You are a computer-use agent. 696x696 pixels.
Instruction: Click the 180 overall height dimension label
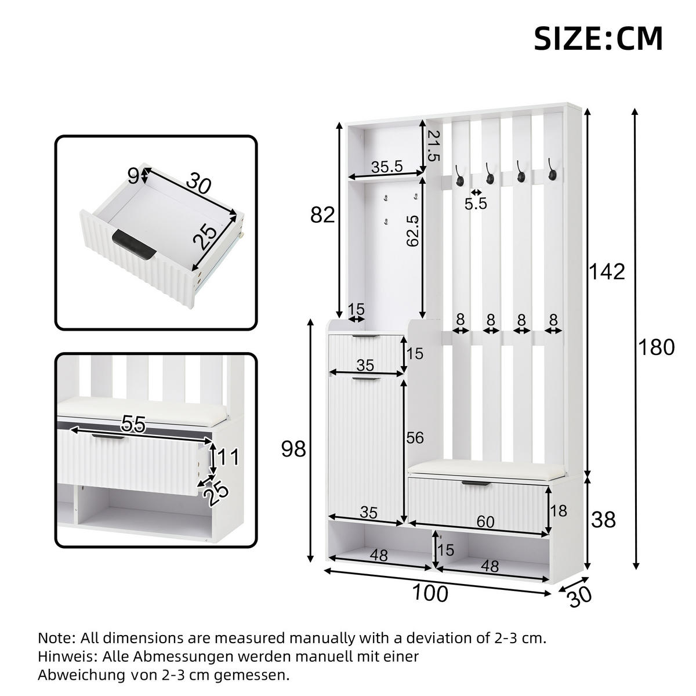tap(656, 347)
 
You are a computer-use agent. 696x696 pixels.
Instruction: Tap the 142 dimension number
tap(607, 271)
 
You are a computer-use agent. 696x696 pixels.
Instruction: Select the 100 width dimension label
tap(430, 593)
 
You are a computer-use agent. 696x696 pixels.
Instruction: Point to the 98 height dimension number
tap(293, 448)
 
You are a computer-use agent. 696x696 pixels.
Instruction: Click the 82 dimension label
tap(322, 215)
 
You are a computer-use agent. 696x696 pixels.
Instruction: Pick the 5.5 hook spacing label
tap(476, 204)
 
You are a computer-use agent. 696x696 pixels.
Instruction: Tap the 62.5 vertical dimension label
tap(412, 231)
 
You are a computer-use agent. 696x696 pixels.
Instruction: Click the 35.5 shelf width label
tap(387, 166)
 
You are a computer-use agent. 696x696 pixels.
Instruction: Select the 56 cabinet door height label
tap(415, 438)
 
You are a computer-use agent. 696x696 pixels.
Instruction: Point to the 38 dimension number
tap(603, 520)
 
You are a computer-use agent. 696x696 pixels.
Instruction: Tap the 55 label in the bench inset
tap(133, 425)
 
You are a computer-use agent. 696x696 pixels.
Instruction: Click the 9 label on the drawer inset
tap(133, 176)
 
